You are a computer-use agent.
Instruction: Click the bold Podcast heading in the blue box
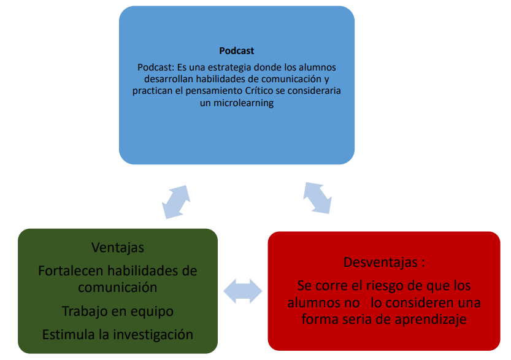point(236,51)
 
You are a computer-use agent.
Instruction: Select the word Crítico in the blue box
point(259,91)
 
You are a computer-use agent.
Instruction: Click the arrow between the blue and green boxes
point(176,202)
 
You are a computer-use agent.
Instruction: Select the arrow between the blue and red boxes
point(317,198)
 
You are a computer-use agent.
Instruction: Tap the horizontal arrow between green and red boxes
point(243,291)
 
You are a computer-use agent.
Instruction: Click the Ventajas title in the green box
point(118,248)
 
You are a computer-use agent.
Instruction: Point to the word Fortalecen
point(71,271)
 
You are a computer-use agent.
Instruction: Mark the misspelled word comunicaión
point(118,288)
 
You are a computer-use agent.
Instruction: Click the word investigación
point(153,335)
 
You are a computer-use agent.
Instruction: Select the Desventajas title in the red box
point(380,262)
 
